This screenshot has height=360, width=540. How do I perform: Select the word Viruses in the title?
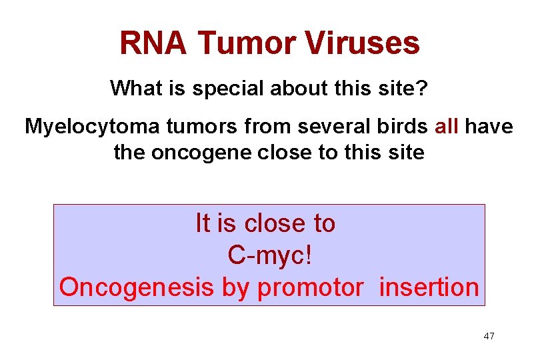363,44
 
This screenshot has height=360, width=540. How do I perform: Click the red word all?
446,127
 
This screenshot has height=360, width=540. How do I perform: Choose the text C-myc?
269,255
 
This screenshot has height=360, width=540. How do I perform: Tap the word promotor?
310,287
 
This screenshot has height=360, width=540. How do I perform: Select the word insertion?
429,287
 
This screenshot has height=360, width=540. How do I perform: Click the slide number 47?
489,336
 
